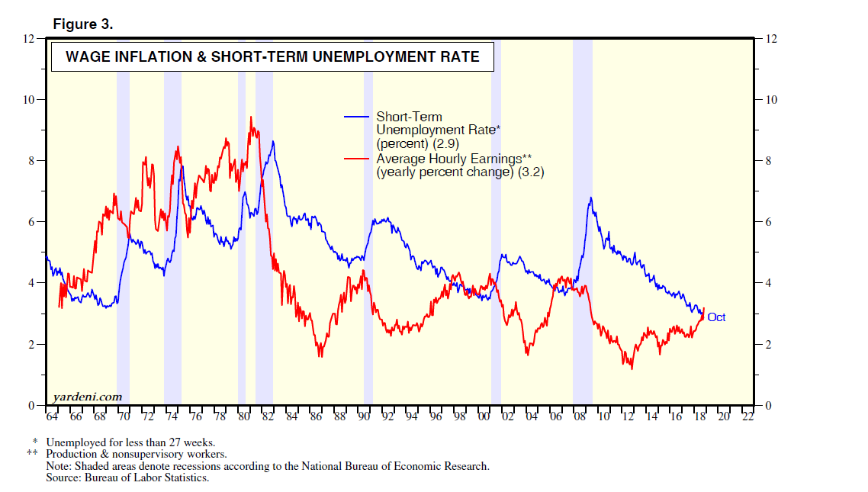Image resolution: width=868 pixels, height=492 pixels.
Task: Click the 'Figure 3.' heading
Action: click(x=82, y=24)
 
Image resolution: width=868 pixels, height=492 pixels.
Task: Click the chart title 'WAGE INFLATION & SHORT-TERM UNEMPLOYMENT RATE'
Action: click(x=272, y=56)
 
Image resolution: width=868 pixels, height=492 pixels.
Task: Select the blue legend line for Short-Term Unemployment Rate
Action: click(x=358, y=117)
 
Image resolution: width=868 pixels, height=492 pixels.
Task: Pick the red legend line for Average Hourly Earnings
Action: click(x=358, y=159)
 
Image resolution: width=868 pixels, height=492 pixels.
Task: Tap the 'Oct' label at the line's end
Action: click(x=716, y=317)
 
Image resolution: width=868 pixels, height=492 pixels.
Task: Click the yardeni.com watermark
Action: click(x=88, y=397)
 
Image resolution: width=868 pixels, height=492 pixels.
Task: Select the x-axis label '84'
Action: click(x=291, y=417)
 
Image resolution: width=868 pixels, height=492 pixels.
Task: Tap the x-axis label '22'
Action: click(x=747, y=417)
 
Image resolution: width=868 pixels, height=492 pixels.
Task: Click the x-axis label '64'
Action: click(x=52, y=417)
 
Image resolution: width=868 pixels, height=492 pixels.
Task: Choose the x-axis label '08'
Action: click(x=580, y=417)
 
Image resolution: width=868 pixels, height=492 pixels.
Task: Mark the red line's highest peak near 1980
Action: click(x=251, y=117)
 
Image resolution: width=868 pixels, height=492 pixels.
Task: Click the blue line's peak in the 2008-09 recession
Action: click(x=590, y=198)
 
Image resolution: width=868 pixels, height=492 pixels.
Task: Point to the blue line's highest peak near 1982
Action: click(x=273, y=141)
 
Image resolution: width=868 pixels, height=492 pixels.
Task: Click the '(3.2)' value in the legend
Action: click(x=529, y=173)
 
